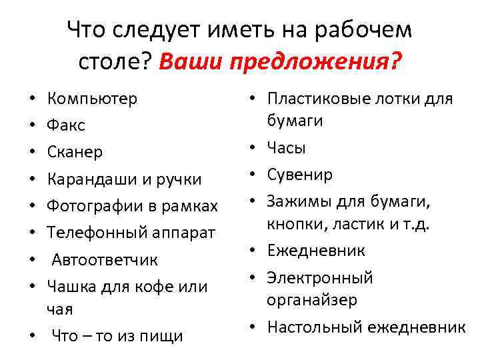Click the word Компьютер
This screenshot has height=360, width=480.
92,99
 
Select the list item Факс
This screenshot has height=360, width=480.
66,126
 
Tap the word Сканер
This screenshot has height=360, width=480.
75,153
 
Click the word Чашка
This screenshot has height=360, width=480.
71,287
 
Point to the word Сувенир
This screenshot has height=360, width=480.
299,174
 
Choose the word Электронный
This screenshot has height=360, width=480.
320,277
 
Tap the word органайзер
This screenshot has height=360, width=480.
313,300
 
